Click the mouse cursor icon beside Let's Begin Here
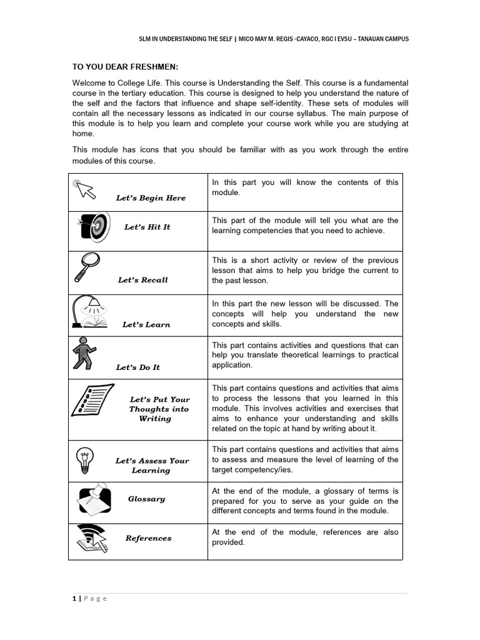point(85,188)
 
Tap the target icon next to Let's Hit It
point(95,228)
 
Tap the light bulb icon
point(83,460)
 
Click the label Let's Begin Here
point(151,198)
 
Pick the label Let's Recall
point(143,280)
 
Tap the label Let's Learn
point(146,324)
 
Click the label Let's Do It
point(138,367)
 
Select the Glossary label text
point(146,499)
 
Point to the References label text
point(148,538)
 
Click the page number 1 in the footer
point(74,598)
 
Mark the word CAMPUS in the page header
point(394,39)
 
